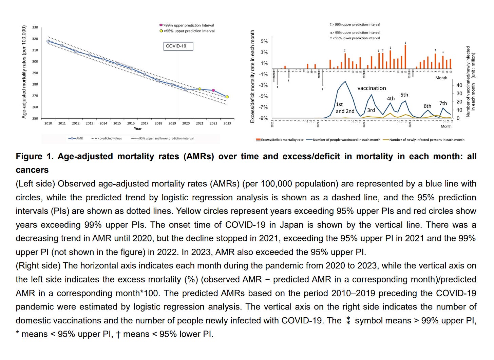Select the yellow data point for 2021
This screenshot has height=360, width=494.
pos(200,89)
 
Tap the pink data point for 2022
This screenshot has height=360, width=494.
pos(213,91)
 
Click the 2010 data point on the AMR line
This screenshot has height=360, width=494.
pos(48,41)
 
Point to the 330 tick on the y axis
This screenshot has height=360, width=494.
pos(35,27)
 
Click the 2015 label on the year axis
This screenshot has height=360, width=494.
pos(117,123)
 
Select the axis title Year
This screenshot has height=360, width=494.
pos(138,128)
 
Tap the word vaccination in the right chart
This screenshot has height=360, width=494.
pos(372,88)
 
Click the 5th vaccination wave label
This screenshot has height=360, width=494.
pos(404,95)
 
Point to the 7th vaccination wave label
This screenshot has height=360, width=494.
pos(443,103)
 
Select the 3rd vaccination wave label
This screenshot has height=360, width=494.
pos(371,110)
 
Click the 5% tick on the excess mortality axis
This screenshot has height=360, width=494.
pos(264,41)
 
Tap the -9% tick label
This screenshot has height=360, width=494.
pos(263,118)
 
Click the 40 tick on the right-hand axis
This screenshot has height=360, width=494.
pos(459,85)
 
